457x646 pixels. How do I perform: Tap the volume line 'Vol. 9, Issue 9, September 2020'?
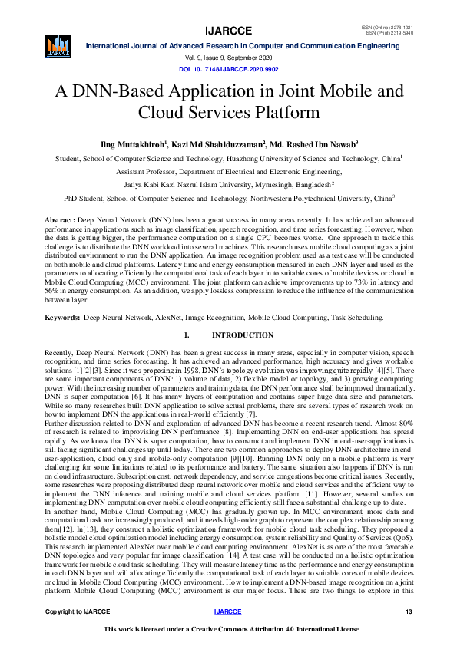228,59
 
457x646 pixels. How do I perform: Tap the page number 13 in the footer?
409,611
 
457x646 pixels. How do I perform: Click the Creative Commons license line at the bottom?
228,629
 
